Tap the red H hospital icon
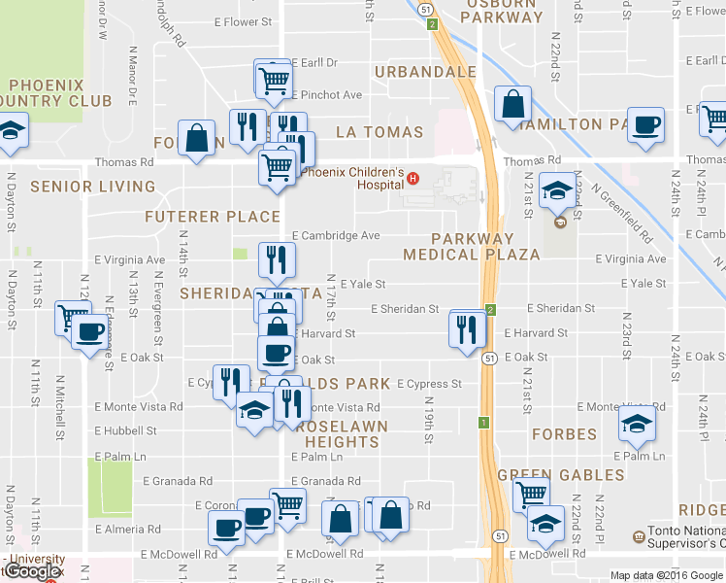coord(412,178)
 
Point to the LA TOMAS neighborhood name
coord(379,132)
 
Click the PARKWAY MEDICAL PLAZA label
coord(471,247)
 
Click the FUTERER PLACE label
coord(213,216)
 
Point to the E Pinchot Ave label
coord(327,95)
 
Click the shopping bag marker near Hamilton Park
coord(512,105)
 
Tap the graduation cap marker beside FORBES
coord(637,423)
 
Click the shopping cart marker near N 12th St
coord(72,317)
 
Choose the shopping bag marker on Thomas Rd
coord(197,138)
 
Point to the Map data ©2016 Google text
coord(665,575)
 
